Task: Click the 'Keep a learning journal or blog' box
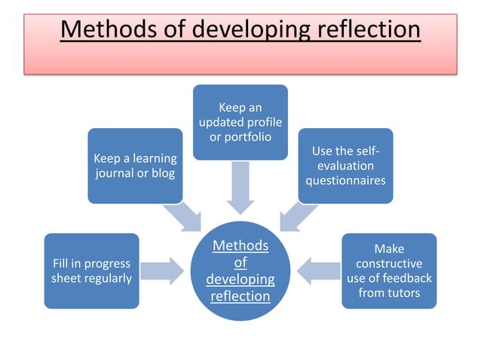pos(135,166)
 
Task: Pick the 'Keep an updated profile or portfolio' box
pos(240,122)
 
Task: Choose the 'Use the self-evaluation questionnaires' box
pos(345,166)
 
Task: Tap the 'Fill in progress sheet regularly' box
pos(91,271)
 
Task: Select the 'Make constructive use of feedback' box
pos(389,270)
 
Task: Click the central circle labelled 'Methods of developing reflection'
pos(240,270)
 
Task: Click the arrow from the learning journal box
pos(185,217)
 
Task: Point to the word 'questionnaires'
pos(345,181)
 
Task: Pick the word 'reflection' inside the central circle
pos(240,296)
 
